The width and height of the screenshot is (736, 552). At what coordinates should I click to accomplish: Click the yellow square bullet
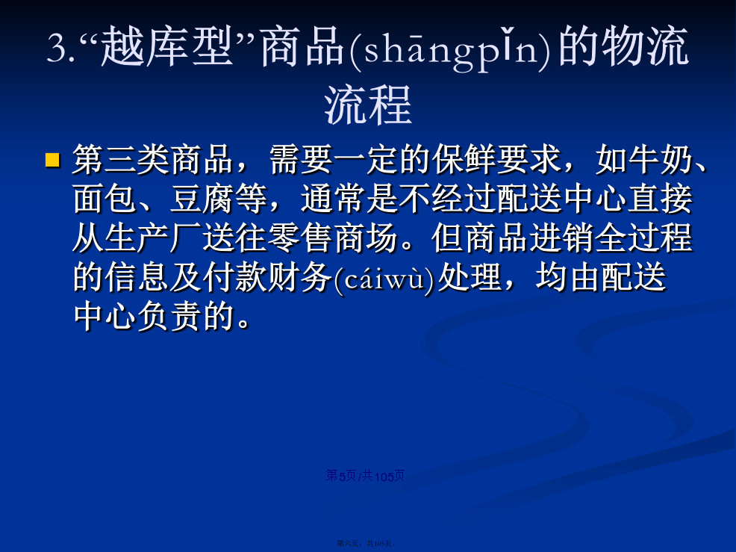52,160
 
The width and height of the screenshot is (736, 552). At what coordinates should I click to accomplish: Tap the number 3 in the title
56,48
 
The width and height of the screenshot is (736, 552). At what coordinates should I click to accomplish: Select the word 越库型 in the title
166,46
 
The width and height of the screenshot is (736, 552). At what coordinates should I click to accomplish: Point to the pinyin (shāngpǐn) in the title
451,49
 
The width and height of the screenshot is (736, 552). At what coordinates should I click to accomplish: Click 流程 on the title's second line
368,105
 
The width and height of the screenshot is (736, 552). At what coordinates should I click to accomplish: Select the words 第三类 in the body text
121,159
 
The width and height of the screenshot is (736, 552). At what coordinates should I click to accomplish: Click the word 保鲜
464,159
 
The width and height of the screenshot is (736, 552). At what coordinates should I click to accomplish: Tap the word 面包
105,199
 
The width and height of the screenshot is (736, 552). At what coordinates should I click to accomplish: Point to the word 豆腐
202,199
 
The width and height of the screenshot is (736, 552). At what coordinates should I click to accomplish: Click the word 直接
661,199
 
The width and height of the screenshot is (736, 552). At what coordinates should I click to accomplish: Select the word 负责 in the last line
169,316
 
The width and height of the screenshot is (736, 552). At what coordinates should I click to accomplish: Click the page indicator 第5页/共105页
365,476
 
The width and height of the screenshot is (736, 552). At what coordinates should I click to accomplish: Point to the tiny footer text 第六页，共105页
366,544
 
